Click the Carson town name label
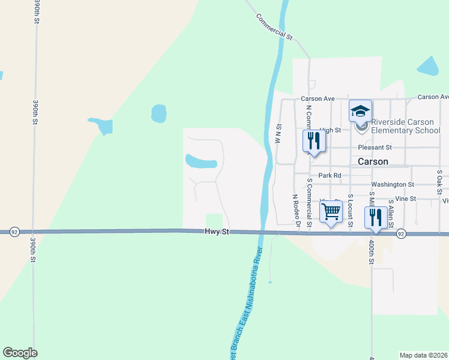click(x=372, y=161)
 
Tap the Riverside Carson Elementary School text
click(x=405, y=126)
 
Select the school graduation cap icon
click(x=360, y=111)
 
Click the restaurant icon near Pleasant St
click(x=314, y=141)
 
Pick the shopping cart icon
click(x=331, y=212)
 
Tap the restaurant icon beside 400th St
click(x=376, y=217)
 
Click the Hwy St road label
click(x=217, y=231)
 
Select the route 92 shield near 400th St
click(x=401, y=233)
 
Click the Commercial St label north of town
click(x=274, y=27)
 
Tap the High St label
click(x=330, y=130)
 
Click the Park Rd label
click(x=330, y=175)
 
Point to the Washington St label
click(x=393, y=185)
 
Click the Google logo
click(x=20, y=353)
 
